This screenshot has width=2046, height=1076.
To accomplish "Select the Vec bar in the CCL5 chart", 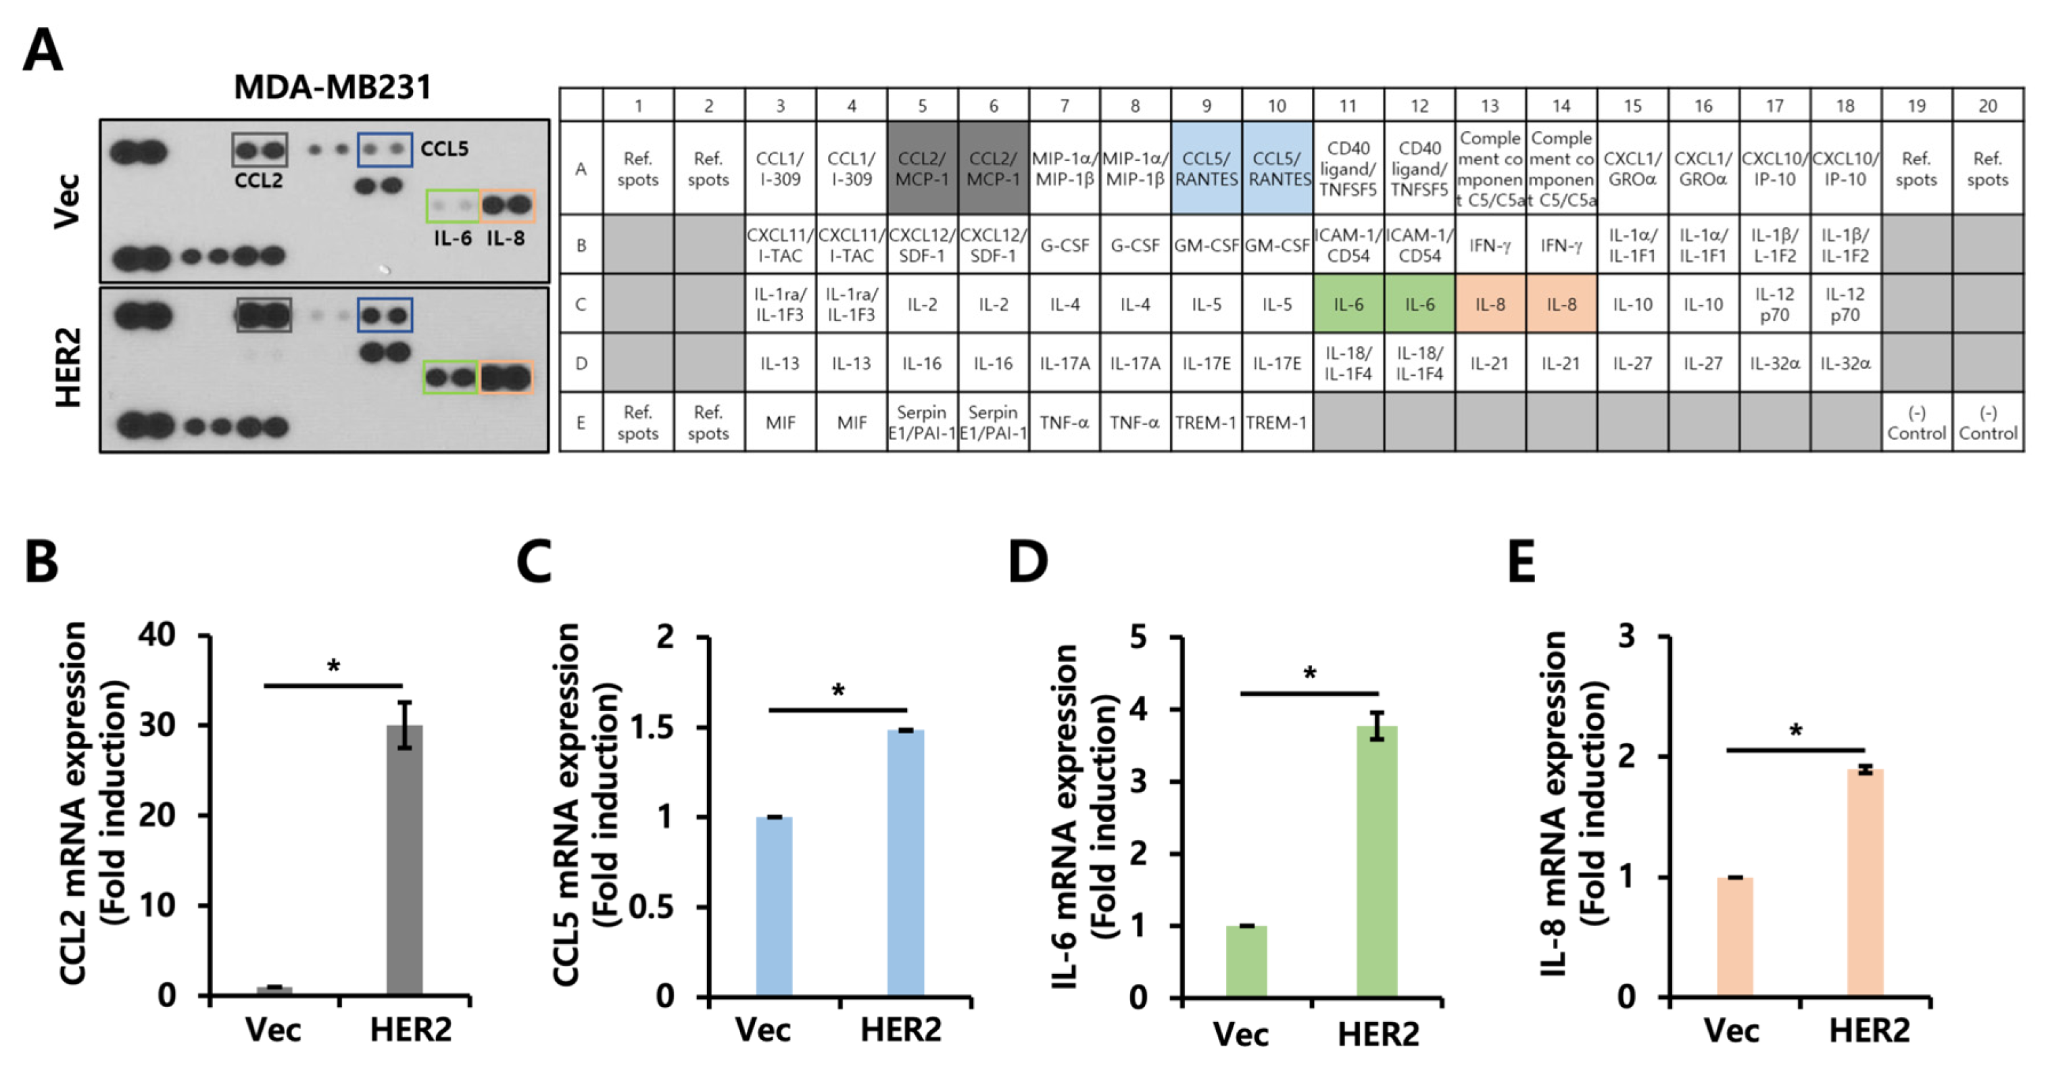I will click(774, 906).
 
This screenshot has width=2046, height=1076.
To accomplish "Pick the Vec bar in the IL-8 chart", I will click(1734, 936).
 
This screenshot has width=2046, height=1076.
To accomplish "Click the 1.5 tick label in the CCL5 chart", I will click(652, 727).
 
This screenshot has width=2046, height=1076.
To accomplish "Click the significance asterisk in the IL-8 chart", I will click(1795, 731).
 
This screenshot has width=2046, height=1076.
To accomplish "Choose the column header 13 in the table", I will click(1490, 105).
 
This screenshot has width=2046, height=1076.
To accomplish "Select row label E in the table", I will click(581, 422).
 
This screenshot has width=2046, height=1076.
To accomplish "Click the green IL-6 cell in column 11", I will click(1348, 304).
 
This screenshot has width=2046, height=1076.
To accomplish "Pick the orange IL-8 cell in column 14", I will click(1561, 304).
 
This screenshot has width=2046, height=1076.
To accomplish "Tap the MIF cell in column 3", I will click(780, 422).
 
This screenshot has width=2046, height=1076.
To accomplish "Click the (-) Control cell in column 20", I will click(1987, 422).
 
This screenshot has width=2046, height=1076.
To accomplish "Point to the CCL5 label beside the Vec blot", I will click(444, 149).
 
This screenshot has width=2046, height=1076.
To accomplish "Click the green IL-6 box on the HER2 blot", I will click(451, 377).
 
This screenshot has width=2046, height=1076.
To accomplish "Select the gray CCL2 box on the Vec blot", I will click(260, 150).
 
